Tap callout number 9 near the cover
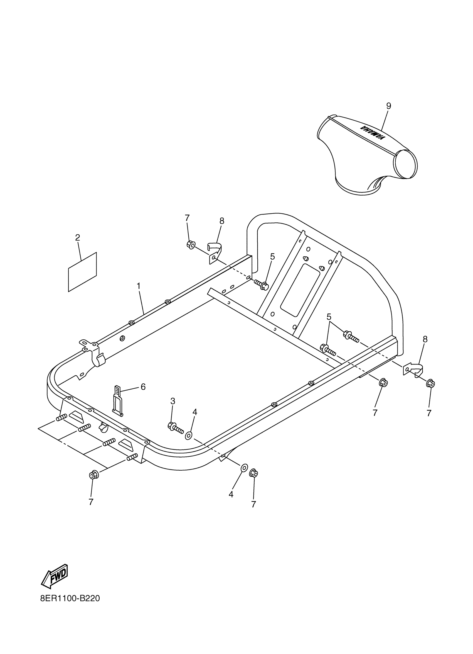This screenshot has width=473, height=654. tap(389, 106)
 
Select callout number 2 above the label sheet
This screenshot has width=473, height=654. tap(77, 238)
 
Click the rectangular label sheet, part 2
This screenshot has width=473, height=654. tap(82, 272)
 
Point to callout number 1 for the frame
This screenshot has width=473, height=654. tap(139, 286)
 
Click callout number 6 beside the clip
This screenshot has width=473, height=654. tap(143, 387)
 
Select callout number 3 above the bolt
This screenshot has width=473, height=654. tap(173, 401)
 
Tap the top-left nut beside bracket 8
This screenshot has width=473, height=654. tap(191, 245)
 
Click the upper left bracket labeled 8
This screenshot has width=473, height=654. tap(214, 253)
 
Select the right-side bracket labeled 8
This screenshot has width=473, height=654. tap(414, 370)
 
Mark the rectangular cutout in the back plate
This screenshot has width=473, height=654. tap(300, 289)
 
